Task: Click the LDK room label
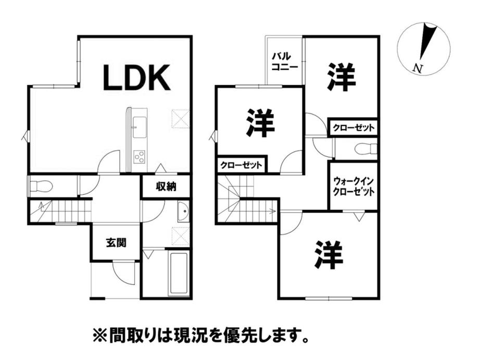coord(136,78)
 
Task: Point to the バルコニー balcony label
coord(284,61)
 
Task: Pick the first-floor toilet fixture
coord(41,185)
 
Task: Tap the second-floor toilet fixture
coord(365,149)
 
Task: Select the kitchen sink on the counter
coord(139,125)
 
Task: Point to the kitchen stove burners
coord(140,156)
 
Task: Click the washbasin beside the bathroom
coord(183,212)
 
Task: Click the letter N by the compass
coord(417,68)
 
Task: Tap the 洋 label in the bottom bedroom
coord(329,254)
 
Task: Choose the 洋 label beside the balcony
coord(342,77)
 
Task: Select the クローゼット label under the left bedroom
coord(241,165)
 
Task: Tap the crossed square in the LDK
coord(180,118)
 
